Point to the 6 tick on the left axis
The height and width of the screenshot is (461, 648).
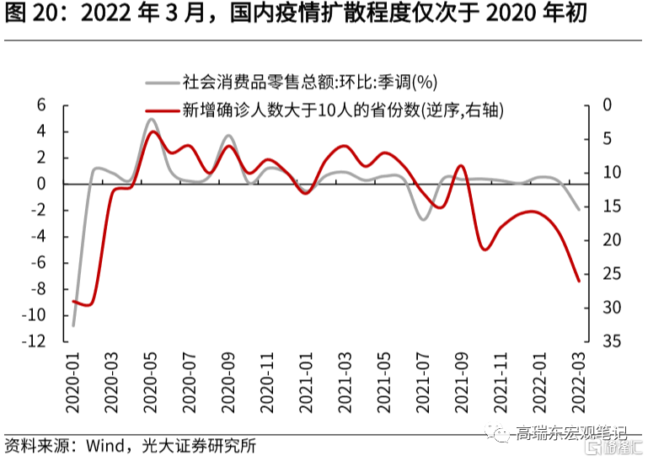(x=40, y=105)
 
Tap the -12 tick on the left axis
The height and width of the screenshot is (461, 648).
(x=35, y=341)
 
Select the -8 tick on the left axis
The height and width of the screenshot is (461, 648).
(x=38, y=289)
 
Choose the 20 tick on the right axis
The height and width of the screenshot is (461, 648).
(x=611, y=240)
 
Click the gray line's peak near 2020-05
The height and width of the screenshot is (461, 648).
(x=151, y=119)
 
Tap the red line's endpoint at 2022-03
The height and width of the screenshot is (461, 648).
(x=578, y=281)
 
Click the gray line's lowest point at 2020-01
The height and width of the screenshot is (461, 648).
(x=73, y=325)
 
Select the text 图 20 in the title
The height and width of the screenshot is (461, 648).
(x=24, y=14)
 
